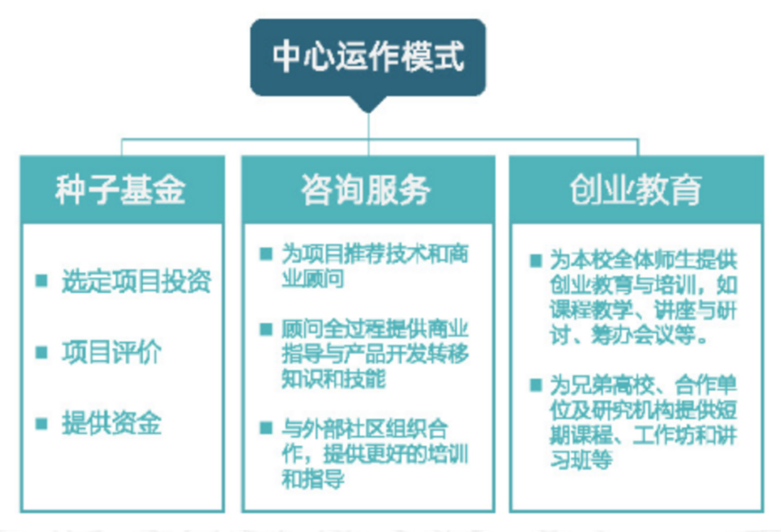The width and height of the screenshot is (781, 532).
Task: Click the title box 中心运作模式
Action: (367, 57)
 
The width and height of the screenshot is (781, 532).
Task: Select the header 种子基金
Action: (120, 190)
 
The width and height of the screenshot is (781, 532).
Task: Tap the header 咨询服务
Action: (366, 190)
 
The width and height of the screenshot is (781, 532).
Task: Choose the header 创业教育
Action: (636, 190)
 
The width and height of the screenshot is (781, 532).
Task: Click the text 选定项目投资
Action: (137, 282)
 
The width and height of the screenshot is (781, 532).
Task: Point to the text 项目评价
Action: (111, 352)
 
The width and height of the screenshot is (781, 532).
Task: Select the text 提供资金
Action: (111, 423)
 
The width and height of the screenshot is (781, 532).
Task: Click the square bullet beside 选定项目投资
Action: (41, 281)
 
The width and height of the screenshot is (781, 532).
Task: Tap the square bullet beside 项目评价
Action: (41, 352)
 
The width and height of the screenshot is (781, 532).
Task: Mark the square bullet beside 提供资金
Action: (41, 423)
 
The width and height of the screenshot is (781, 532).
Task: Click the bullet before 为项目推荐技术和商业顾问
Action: (266, 254)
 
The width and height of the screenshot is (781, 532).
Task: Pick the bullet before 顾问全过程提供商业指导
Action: (266, 329)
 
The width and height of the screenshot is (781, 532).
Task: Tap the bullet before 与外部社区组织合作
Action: (266, 428)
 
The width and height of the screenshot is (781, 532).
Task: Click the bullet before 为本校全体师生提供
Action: (535, 261)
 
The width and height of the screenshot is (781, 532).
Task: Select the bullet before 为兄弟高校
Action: (535, 385)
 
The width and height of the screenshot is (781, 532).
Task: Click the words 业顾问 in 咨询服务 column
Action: (313, 278)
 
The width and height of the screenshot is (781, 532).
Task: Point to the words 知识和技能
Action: (333, 379)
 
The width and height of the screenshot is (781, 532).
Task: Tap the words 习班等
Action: (581, 459)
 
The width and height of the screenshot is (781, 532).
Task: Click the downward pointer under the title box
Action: (368, 104)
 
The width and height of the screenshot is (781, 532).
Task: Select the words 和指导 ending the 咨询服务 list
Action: (313, 478)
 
